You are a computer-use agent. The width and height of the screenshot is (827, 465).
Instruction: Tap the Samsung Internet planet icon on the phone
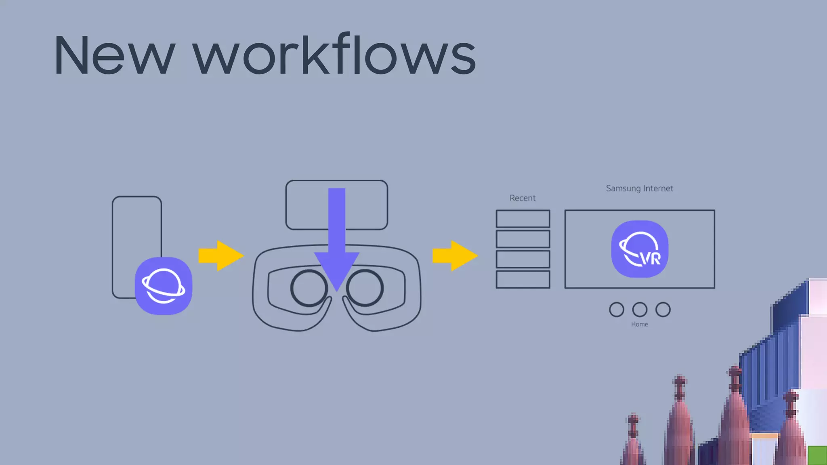coord(164,286)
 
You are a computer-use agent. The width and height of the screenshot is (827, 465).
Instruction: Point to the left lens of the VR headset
coord(309,288)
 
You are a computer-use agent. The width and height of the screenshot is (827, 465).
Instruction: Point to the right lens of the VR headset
coord(365,288)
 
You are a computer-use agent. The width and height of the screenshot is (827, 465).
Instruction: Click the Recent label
coord(523,198)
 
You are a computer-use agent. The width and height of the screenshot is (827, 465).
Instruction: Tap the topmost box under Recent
coord(523,219)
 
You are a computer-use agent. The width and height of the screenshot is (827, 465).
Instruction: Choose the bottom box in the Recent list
coord(523,279)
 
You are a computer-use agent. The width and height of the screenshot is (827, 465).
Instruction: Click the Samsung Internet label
coord(639,189)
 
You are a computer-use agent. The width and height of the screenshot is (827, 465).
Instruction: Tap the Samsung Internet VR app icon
coord(640,249)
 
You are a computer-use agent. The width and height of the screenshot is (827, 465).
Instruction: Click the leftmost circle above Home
coord(616,310)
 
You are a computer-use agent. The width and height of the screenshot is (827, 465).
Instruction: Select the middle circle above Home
coord(640,310)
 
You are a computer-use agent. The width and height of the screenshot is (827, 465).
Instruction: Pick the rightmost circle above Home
coord(663,310)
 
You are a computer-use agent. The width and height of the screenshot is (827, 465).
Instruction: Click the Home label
coord(640,324)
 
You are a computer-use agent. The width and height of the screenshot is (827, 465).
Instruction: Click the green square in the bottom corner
coord(817,455)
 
